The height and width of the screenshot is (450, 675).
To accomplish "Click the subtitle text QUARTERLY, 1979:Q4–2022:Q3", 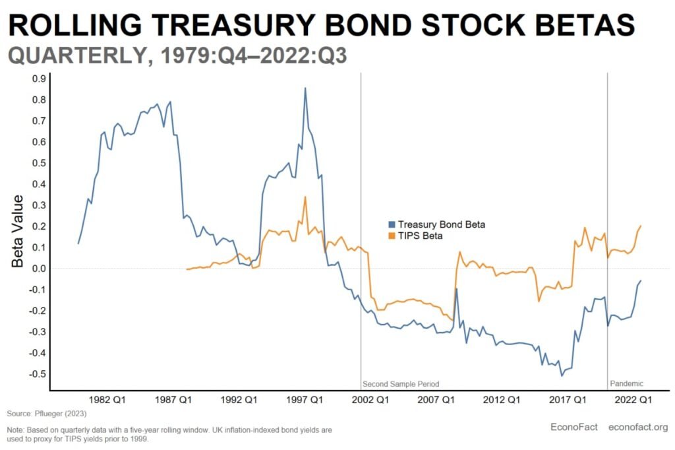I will pyautogui.click(x=177, y=57).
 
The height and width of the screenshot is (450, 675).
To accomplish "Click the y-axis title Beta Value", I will pyautogui.click(x=18, y=231).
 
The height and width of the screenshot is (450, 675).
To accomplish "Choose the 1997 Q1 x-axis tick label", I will pyautogui.click(x=305, y=399).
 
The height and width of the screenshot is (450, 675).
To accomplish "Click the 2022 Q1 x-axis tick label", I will pyautogui.click(x=633, y=399).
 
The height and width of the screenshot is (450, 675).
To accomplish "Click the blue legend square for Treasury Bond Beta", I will pyautogui.click(x=392, y=225).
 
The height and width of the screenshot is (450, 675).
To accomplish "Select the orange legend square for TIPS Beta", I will pyautogui.click(x=392, y=236).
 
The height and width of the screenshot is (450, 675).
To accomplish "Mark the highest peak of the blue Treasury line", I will pyautogui.click(x=305, y=88).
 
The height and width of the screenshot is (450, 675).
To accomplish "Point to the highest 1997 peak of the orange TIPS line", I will pyautogui.click(x=305, y=197).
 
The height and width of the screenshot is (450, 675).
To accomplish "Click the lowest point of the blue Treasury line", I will pyautogui.click(x=562, y=375).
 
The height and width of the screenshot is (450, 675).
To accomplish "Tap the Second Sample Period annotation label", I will pyautogui.click(x=401, y=383).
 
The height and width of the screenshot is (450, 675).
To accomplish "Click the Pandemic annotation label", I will pyautogui.click(x=626, y=383).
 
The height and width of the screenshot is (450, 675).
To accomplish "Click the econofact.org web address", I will pyautogui.click(x=638, y=427).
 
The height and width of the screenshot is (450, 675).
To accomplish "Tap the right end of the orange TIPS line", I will pyautogui.click(x=641, y=226).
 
